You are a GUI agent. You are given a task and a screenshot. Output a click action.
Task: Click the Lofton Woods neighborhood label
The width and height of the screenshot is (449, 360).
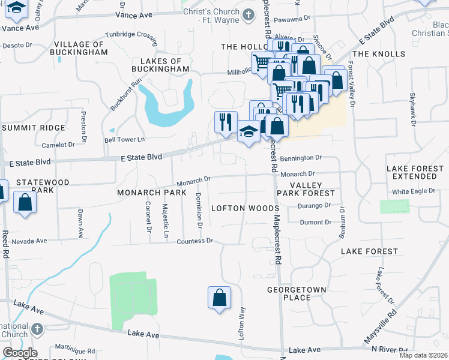point(237,208)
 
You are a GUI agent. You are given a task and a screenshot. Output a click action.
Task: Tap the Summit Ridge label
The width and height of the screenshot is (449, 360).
point(33,128)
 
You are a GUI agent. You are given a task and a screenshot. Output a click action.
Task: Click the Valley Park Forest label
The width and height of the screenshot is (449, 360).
point(312,190)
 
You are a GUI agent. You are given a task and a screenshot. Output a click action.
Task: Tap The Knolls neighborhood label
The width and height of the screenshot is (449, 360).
point(379,55)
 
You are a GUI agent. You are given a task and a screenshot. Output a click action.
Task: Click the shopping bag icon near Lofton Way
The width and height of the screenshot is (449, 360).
point(220,298)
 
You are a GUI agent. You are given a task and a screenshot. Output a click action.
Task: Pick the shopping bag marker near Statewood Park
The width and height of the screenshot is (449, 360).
point(25,202)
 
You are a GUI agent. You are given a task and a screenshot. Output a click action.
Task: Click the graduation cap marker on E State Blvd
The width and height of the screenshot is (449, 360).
point(248,131)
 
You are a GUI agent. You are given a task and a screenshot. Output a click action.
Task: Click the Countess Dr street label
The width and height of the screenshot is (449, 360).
point(195,241)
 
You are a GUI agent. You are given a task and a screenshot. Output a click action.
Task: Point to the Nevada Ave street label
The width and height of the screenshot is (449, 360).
point(29,241)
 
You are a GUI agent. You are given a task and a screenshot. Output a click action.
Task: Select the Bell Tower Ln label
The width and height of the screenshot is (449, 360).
point(125,140)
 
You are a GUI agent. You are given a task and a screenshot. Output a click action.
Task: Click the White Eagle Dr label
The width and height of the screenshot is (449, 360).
point(412,192)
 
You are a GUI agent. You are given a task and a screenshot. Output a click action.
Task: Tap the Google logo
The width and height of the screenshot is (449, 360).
point(20,353)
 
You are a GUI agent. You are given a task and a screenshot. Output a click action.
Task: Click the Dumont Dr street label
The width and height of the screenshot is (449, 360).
point(315,223)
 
